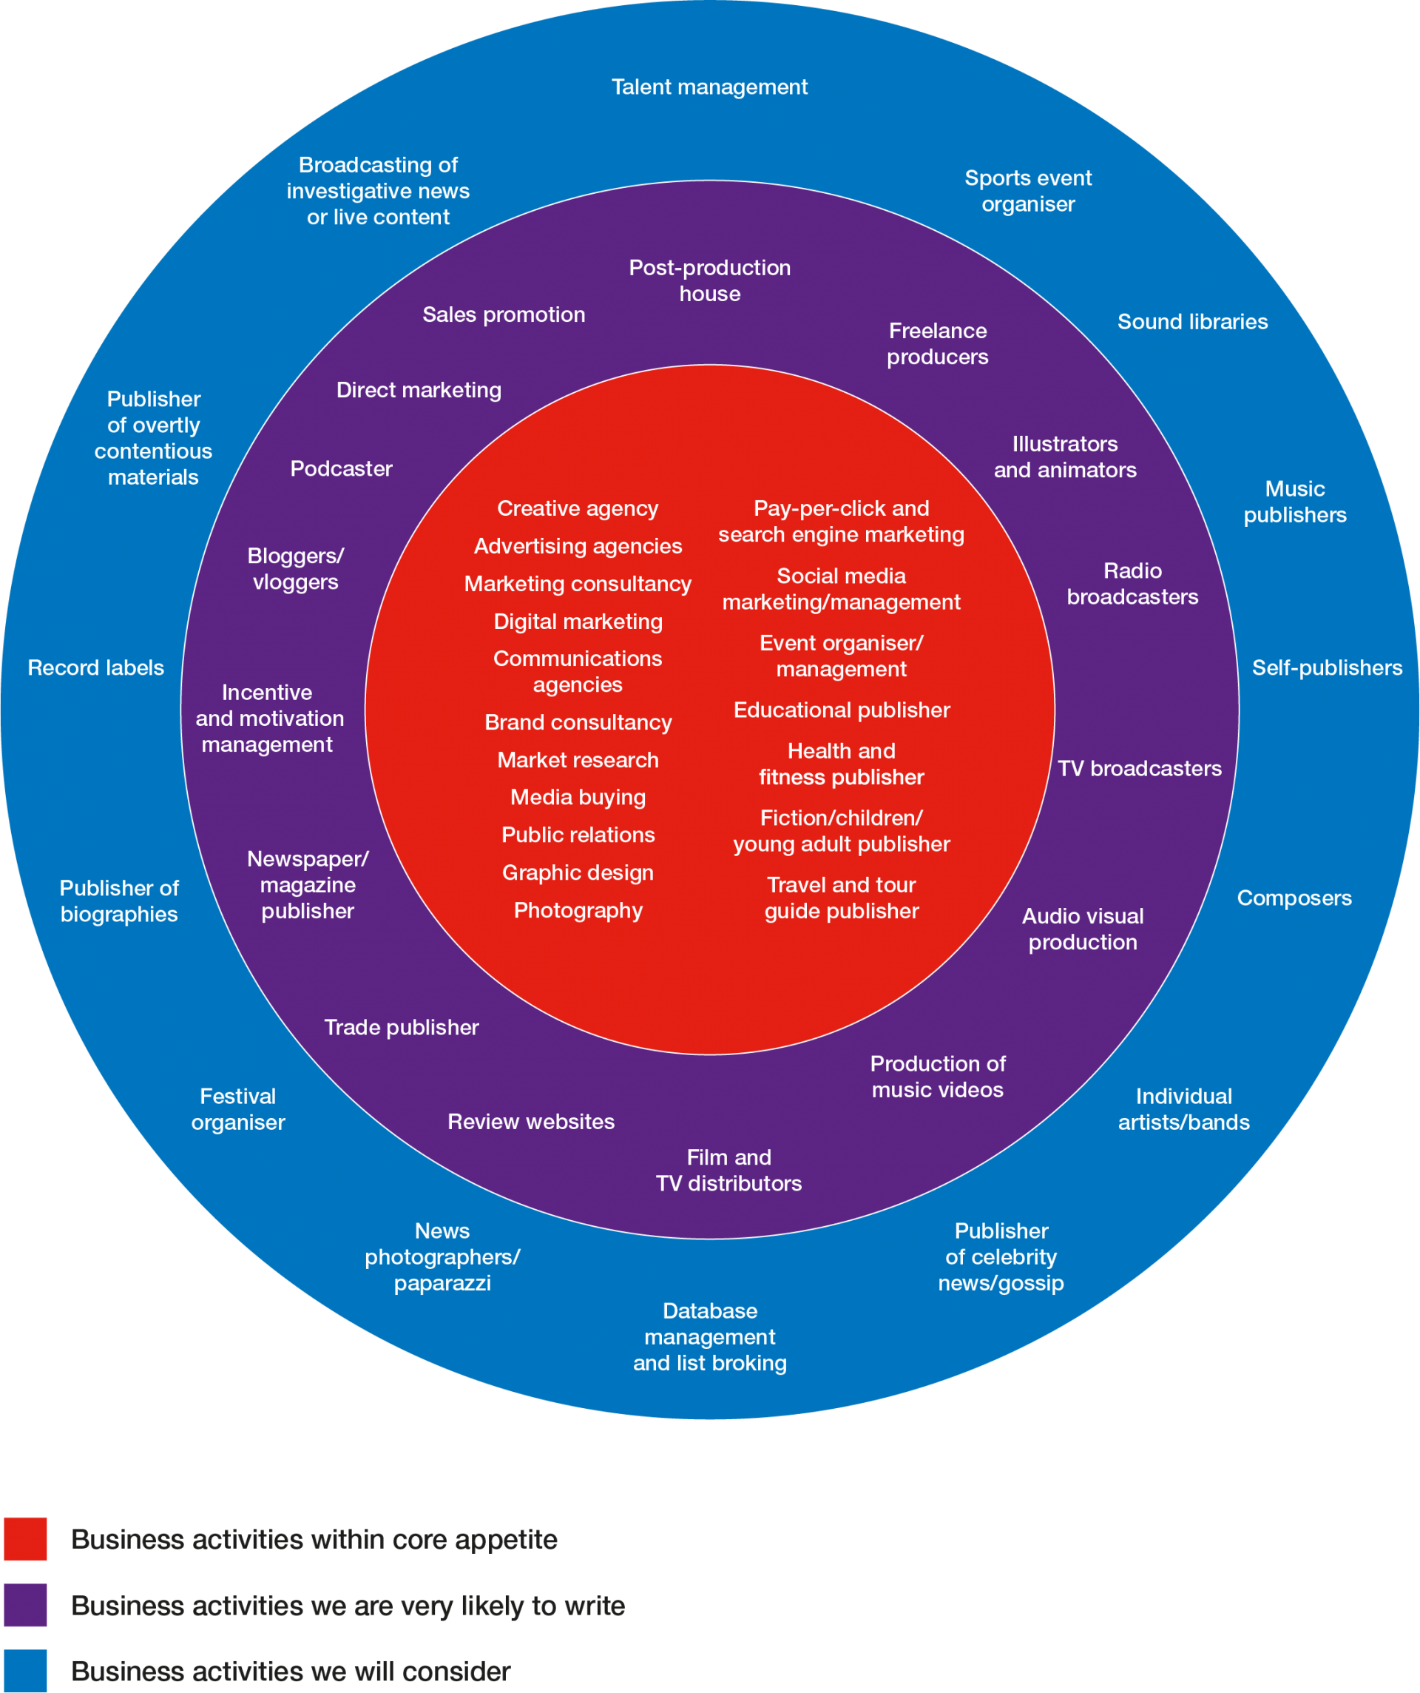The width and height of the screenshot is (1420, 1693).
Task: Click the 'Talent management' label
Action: click(709, 87)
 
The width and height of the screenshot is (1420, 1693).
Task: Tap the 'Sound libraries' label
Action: click(1192, 322)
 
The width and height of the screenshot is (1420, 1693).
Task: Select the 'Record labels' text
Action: click(96, 667)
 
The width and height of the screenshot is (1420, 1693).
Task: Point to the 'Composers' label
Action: click(1294, 898)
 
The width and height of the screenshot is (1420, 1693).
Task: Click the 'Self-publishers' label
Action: click(1327, 667)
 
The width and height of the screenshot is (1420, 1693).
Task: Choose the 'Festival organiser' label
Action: click(237, 1109)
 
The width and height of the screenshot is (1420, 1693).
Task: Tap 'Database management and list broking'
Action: click(709, 1336)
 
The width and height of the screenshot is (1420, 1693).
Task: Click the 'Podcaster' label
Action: click(341, 468)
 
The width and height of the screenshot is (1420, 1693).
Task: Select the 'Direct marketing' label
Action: click(419, 390)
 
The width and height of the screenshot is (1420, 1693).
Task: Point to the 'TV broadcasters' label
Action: click(1140, 768)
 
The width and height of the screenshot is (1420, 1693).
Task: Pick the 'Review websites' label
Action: click(530, 1122)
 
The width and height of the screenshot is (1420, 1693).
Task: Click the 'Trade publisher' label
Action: click(402, 1027)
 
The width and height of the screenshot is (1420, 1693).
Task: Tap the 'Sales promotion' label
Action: click(504, 314)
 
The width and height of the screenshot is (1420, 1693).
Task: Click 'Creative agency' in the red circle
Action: click(578, 508)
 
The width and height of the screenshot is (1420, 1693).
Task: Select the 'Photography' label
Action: click(578, 910)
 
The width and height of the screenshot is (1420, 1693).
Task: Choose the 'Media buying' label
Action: click(578, 798)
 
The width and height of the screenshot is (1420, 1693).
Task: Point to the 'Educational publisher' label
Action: click(842, 710)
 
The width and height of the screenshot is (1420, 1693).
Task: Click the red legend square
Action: click(25, 1539)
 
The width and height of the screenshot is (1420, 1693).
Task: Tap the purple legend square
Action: click(25, 1605)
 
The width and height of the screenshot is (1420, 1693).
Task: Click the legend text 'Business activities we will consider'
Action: click(290, 1672)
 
